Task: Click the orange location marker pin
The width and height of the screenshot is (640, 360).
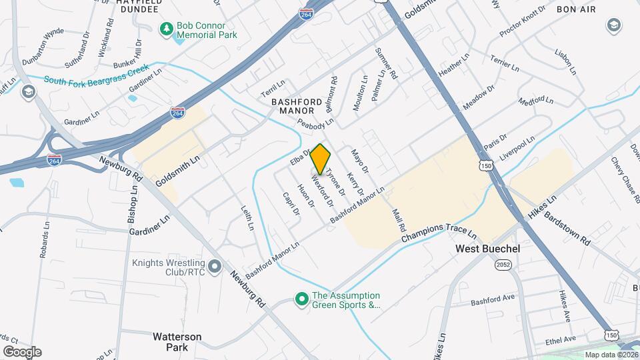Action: click(x=321, y=159)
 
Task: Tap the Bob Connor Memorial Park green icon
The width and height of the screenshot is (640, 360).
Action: click(x=166, y=29)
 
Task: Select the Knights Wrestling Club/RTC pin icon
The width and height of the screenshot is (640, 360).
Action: click(x=215, y=267)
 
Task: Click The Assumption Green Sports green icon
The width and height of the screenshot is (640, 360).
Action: click(x=301, y=300)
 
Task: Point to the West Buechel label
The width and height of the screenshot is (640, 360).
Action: click(x=487, y=248)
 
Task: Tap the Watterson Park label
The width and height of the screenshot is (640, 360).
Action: click(x=177, y=341)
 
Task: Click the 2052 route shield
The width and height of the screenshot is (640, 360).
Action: click(x=503, y=265)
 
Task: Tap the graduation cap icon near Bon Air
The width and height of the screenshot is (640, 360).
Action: click(x=613, y=26)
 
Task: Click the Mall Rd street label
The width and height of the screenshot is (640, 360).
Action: click(x=398, y=218)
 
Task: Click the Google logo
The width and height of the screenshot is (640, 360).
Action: click(x=21, y=351)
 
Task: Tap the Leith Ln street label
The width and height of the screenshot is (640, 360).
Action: click(x=247, y=217)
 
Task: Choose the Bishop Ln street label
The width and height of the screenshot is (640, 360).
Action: click(x=132, y=204)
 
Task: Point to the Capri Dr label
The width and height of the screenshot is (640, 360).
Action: click(x=291, y=203)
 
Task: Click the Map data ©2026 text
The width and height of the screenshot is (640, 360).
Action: click(x=611, y=355)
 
